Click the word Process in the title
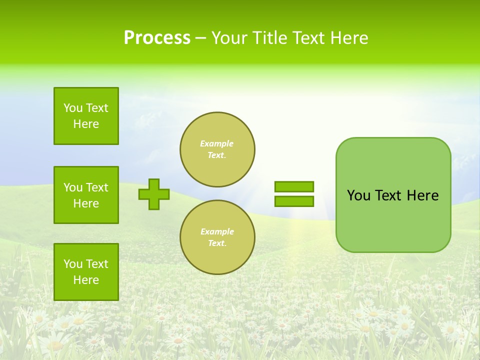[157, 38]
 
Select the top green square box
[86, 116]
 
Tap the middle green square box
[86, 195]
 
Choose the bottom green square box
[86, 272]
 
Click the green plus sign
[154, 194]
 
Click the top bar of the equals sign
[294, 186]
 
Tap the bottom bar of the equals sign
[294, 201]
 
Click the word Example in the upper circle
[217, 143]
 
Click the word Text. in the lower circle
[217, 243]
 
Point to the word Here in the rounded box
[422, 195]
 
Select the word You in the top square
[73, 108]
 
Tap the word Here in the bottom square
[86, 280]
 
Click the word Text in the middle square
[97, 187]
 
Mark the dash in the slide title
[200, 38]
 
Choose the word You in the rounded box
[358, 195]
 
